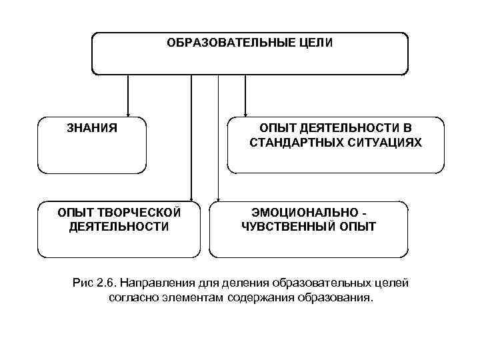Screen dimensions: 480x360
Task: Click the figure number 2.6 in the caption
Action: click(x=105, y=283)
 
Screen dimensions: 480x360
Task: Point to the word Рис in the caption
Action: click(x=81, y=283)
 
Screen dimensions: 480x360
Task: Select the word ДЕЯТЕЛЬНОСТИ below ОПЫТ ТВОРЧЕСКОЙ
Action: click(x=118, y=227)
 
